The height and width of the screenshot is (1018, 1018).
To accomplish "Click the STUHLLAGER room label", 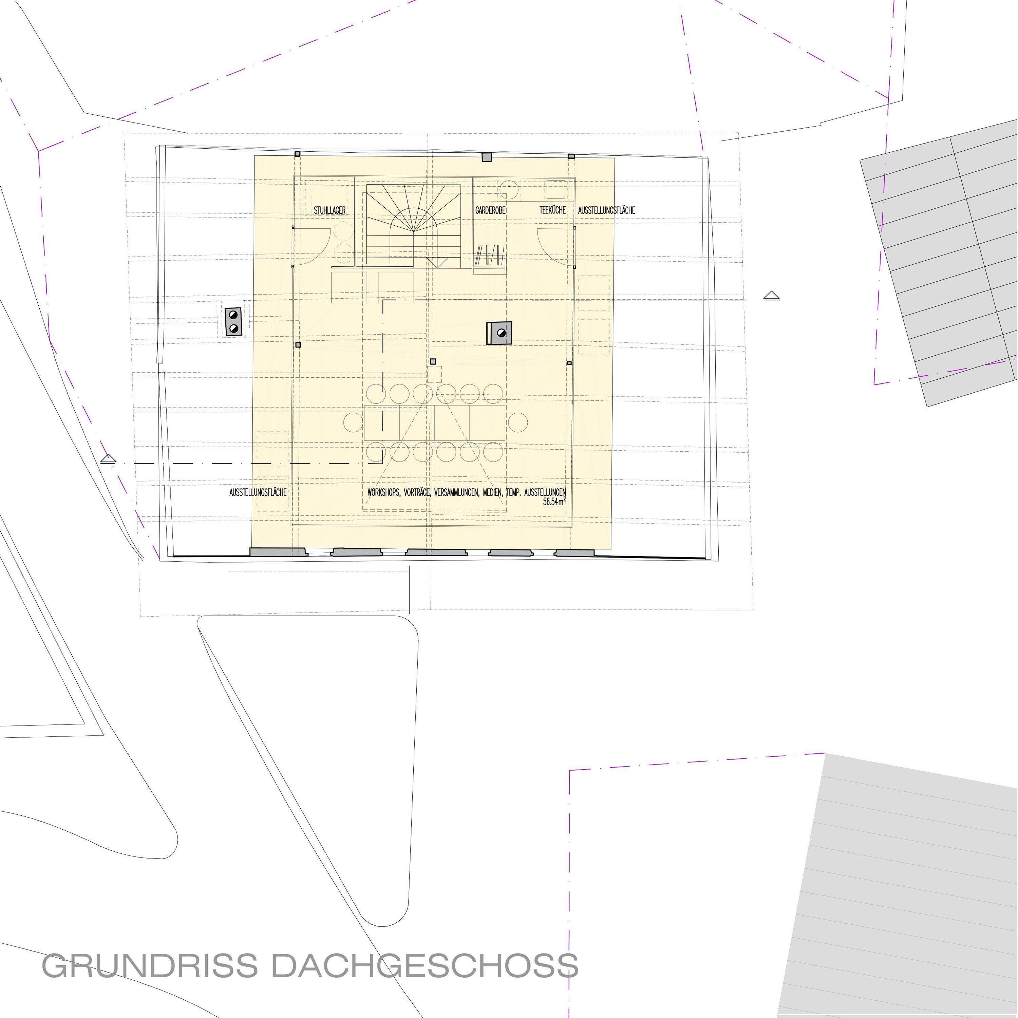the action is [330, 210].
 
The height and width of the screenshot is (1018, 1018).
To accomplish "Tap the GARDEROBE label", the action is [491, 210].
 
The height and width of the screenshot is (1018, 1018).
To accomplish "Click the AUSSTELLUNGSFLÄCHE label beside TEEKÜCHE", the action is [606, 210].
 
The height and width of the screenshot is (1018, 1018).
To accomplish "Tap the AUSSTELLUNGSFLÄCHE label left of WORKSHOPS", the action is [258, 493].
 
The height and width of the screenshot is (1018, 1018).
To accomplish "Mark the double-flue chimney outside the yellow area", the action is [233, 321].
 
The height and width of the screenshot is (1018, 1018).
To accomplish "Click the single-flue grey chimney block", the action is [499, 333].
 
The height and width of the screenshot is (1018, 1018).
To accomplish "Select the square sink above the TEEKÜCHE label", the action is [555, 189].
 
